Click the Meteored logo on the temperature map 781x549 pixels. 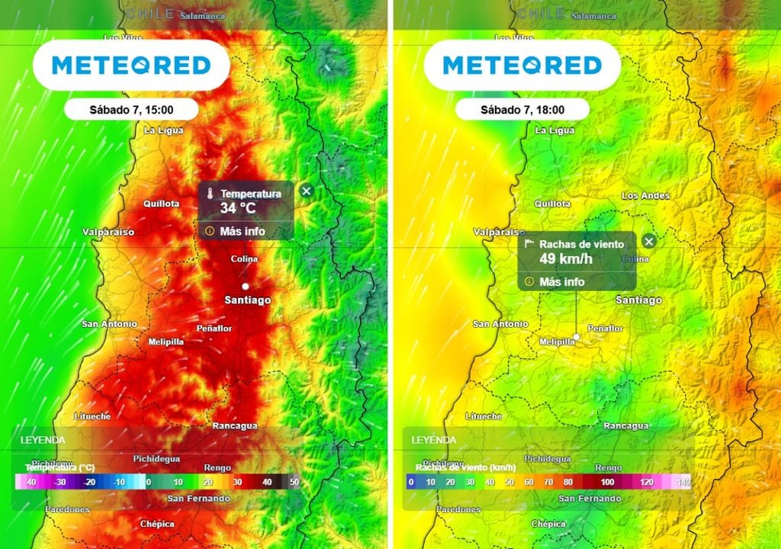131,66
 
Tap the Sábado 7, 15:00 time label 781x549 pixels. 131,110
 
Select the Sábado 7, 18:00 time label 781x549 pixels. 522,110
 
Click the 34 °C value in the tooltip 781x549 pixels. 237,207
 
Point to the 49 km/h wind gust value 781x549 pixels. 566,258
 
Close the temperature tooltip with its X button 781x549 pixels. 306,191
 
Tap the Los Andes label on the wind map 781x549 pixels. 645,196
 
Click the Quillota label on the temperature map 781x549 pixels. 161,204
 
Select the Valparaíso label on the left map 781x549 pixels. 108,232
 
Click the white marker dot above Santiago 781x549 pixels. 246,286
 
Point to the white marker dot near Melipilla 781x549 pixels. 577,336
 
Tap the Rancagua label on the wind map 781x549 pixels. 625,425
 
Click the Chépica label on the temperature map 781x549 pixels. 156,524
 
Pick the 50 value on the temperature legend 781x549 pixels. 294,482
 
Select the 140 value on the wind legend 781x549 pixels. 683,482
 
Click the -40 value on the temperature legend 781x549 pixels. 30,482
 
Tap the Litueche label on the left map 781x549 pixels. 92,416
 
